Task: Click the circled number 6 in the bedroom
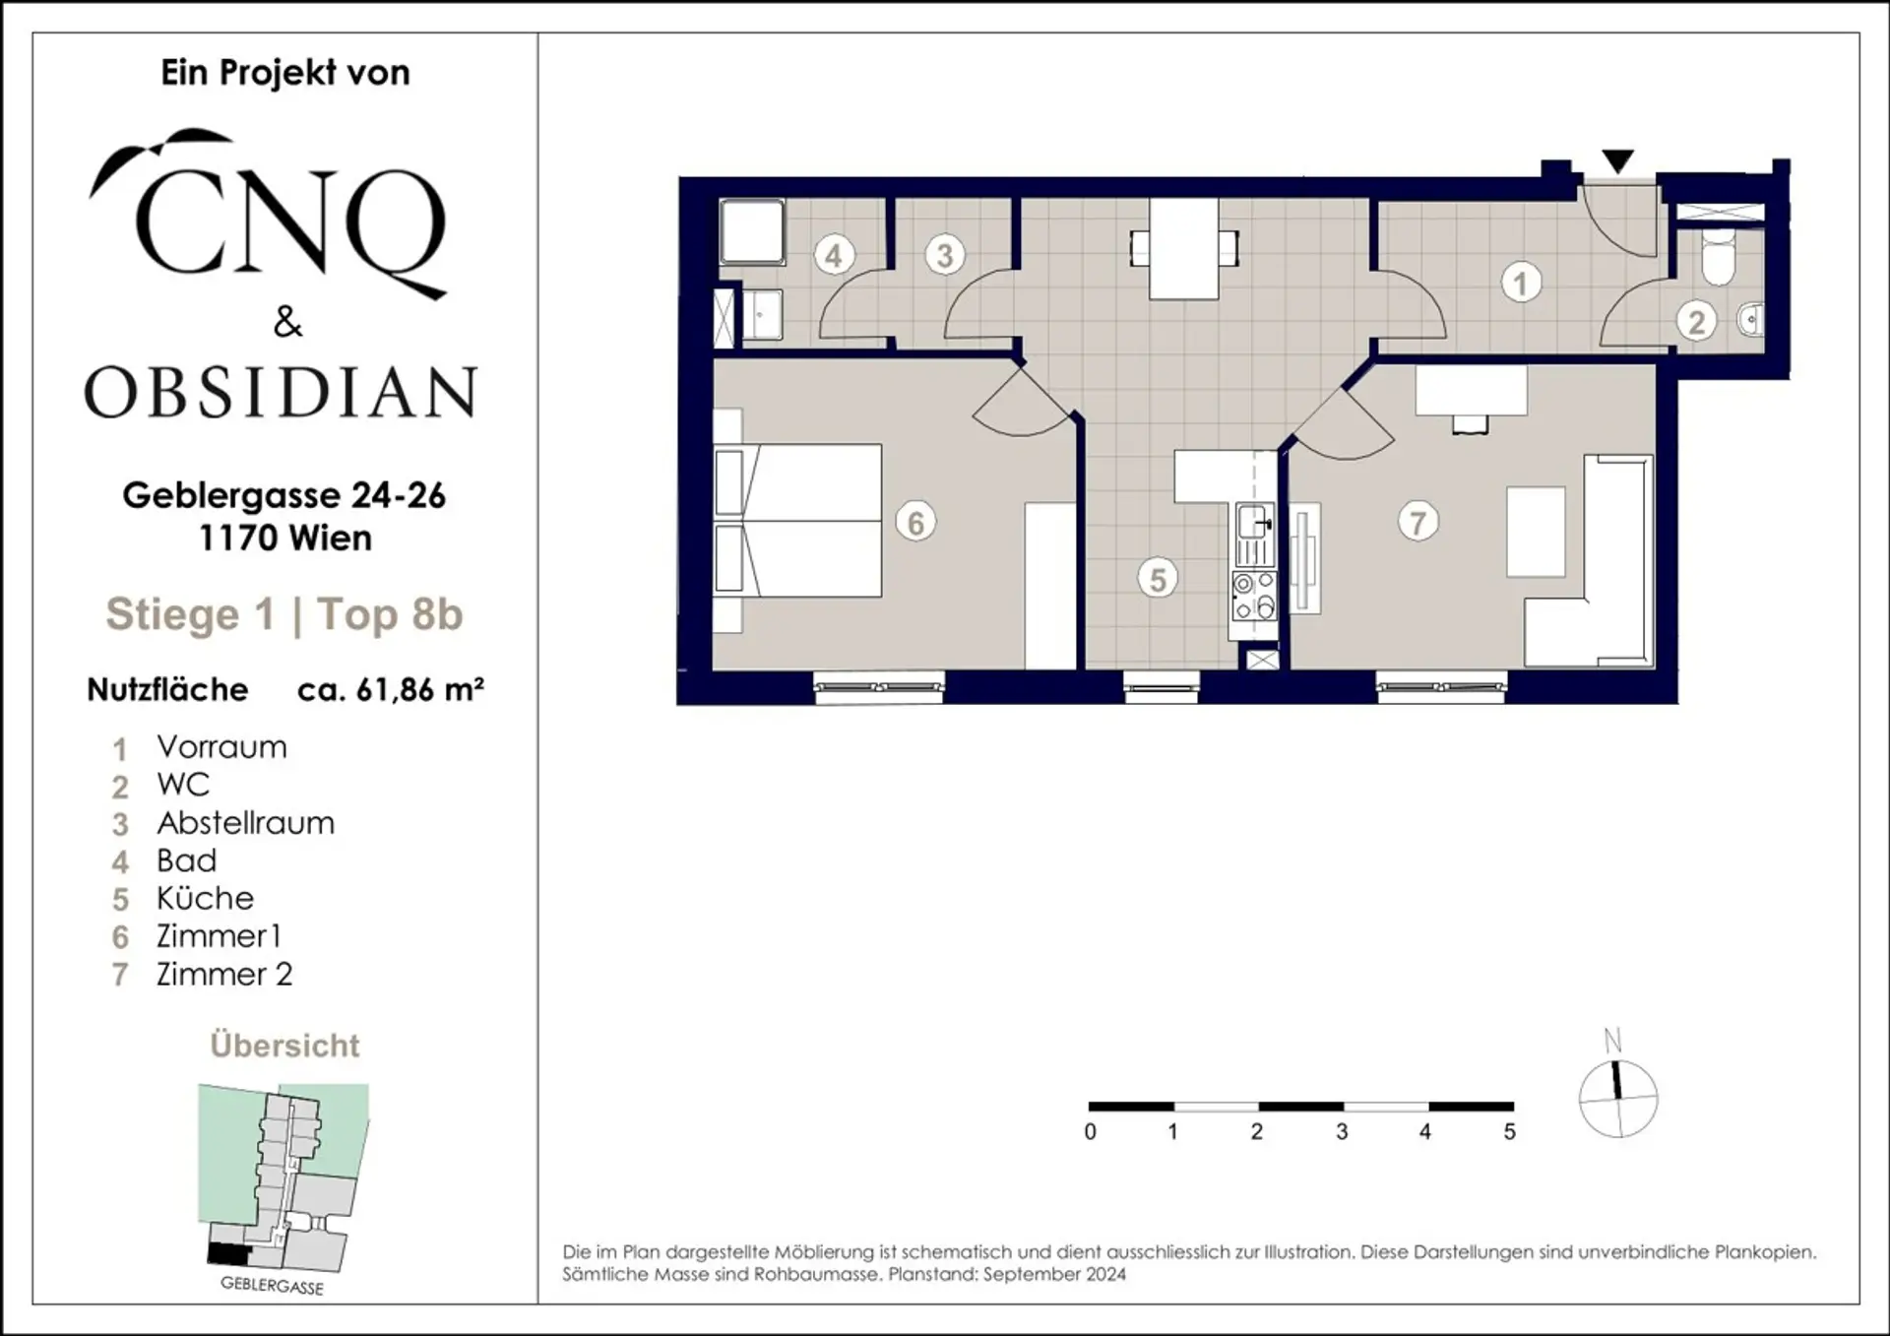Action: pos(915,522)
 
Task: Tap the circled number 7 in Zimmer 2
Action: pos(1417,522)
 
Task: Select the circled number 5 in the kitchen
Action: pos(1158,579)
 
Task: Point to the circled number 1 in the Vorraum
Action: pos(1521,284)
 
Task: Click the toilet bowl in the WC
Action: pos(1718,257)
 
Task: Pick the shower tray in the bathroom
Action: pos(752,232)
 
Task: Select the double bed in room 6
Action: pos(797,520)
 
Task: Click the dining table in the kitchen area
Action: pos(1184,248)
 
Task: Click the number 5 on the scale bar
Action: pos(1510,1132)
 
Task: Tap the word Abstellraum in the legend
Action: pos(246,823)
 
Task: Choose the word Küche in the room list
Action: pos(205,898)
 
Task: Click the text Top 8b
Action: pos(390,614)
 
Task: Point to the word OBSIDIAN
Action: pos(281,392)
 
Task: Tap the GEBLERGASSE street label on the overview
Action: pos(272,1285)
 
